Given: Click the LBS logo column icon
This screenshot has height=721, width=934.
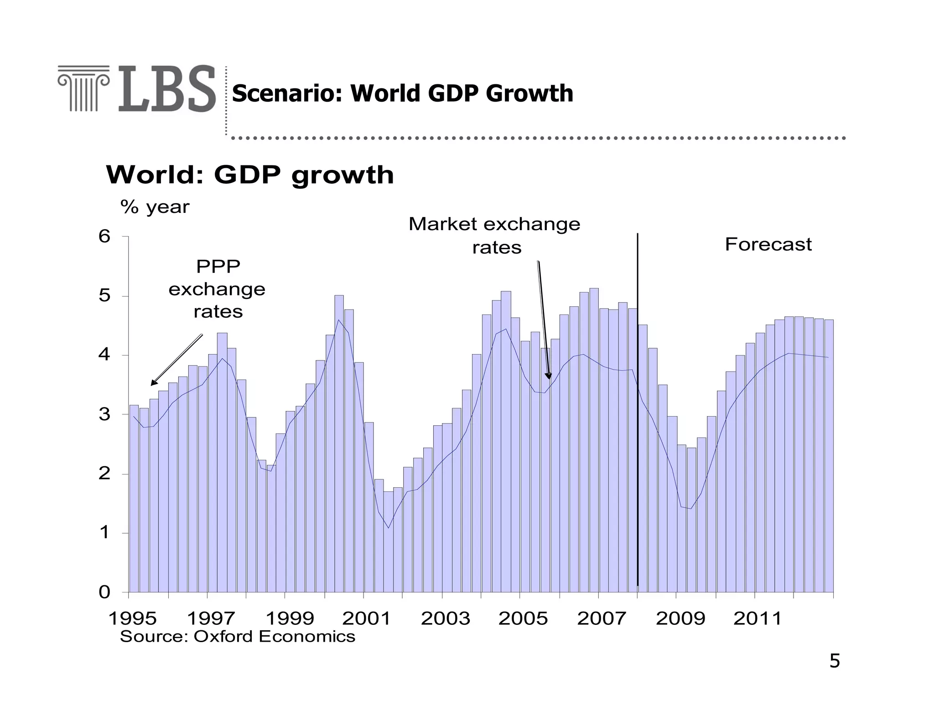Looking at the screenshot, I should coord(83,88).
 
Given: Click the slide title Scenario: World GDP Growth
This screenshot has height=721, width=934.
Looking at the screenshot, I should coord(402,93).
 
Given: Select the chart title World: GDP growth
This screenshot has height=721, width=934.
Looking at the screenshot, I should coord(250,175).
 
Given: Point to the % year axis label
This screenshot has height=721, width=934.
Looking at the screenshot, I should coord(155,207).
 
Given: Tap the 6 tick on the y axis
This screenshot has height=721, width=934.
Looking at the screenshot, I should coord(104,236).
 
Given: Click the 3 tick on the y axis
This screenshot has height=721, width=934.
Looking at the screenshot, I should coord(104,414).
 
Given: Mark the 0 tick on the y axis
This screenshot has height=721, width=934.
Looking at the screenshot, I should coord(104,592).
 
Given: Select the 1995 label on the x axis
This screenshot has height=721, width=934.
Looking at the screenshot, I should coord(132,618).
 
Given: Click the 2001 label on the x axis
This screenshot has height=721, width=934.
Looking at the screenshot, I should coord(366,618).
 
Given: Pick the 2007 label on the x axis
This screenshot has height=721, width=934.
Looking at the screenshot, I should coord(601,618).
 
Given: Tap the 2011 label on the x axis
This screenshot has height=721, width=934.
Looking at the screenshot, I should coord(757,618).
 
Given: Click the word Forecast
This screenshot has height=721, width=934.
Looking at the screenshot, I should coord(768,244).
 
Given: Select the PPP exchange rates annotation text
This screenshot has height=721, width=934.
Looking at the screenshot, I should coord(218,289).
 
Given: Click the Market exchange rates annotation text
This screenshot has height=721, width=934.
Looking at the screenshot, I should coord(494,235).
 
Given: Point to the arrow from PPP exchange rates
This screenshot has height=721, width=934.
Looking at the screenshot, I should coord(176,360).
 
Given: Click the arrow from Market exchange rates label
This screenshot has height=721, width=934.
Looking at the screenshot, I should coord(543,319).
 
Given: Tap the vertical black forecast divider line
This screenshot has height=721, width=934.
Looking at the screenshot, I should coord(638,410).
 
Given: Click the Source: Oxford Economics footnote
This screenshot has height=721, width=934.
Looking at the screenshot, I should coord(237,636).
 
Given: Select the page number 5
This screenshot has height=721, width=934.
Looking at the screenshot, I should coord(834,661).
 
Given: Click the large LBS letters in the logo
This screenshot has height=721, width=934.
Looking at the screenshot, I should coord(167,89).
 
